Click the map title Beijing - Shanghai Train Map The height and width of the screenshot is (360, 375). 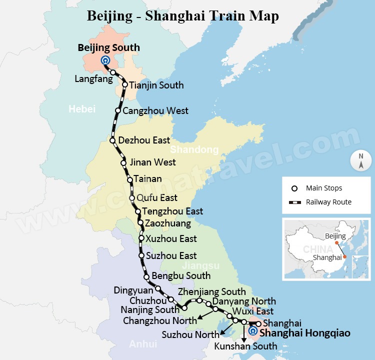183,15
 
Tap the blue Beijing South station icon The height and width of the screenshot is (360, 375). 105,61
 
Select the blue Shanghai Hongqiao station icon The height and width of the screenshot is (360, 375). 253,331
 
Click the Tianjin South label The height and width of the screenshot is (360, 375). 156,85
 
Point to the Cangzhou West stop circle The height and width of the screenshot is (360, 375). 118,110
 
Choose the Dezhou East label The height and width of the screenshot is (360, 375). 144,140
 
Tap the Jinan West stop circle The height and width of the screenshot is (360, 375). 123,162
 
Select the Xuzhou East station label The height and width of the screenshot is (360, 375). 171,238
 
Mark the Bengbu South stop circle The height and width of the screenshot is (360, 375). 146,276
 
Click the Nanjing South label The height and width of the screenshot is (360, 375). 149,310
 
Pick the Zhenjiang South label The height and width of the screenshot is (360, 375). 211,291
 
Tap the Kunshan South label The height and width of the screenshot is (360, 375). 245,346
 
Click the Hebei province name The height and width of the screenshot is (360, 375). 82,109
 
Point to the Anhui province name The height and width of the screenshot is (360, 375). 143,344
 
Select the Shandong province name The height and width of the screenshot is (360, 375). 194,149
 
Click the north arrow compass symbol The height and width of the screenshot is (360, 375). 360,160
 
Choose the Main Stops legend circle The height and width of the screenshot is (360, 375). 294,188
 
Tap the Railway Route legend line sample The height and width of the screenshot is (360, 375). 294,202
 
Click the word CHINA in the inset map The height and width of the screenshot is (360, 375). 317,249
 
